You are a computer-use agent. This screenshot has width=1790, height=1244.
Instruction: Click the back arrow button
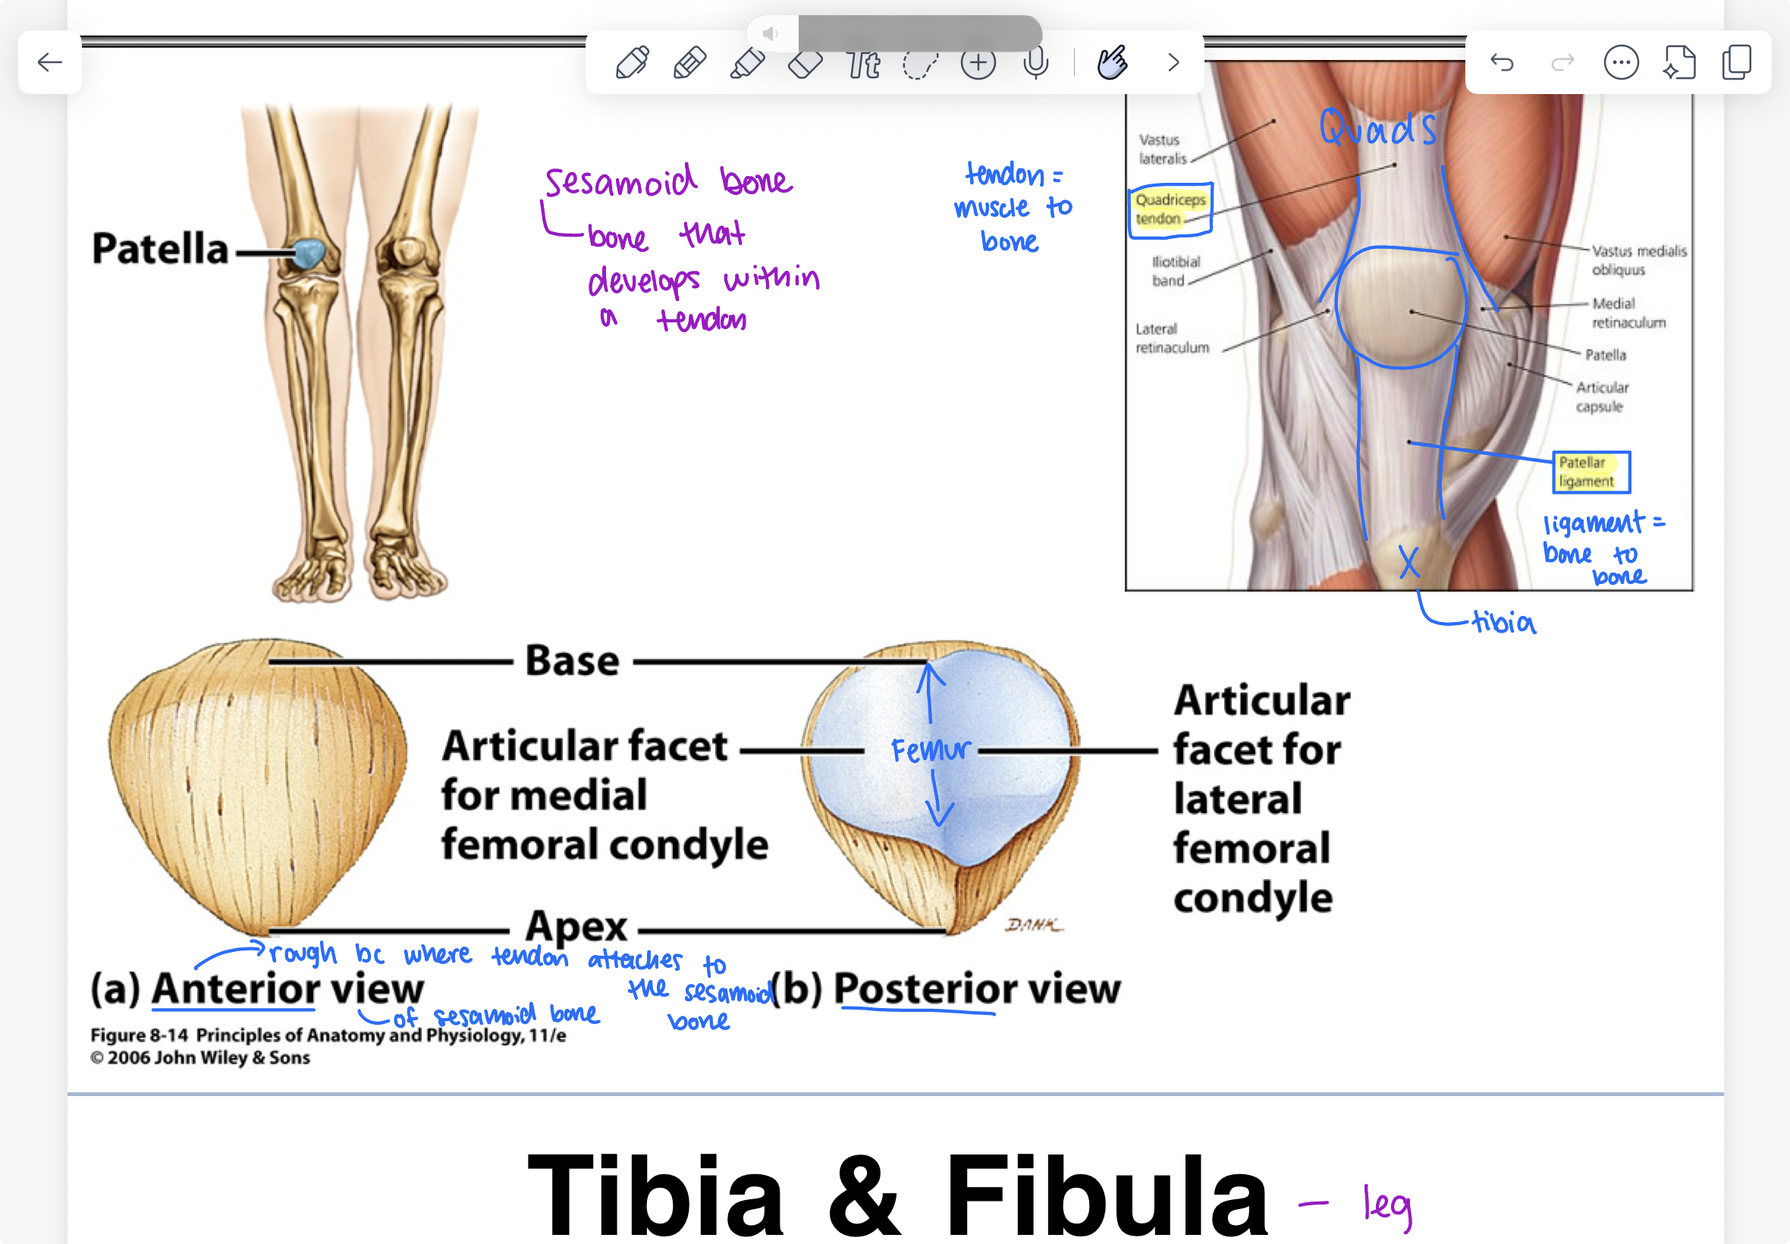coord(50,62)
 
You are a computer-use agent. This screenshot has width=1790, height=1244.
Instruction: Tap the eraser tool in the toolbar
coord(805,63)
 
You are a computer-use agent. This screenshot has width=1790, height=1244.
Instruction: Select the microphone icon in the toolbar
coord(1035,63)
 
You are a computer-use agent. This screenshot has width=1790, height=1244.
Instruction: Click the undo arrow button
coord(1502,62)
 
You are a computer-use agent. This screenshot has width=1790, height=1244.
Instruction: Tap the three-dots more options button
coord(1621,62)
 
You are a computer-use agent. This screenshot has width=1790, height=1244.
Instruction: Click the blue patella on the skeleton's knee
coord(309,253)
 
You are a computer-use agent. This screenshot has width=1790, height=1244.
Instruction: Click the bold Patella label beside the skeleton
coord(161,250)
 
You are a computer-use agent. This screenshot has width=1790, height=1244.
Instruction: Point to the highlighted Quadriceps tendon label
coord(1170,209)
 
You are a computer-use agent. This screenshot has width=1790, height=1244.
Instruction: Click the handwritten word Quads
coord(1377,130)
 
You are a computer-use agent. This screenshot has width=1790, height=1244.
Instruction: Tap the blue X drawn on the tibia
coord(1408,561)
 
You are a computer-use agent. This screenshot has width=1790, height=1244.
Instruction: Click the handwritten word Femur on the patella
coord(931,750)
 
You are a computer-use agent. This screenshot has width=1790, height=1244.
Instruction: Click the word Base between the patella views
coord(572,661)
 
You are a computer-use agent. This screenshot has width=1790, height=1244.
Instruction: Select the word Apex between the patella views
coord(576,927)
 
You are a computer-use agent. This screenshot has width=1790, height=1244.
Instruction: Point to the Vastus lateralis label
coord(1162,149)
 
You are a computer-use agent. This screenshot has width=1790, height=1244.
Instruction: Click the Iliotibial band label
coord(1175,271)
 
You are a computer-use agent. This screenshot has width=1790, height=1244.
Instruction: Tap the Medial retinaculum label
coord(1628,313)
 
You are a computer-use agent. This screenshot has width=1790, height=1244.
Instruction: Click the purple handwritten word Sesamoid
coord(620,182)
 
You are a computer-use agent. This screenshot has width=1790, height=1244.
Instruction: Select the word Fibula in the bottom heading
coord(1106,1196)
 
